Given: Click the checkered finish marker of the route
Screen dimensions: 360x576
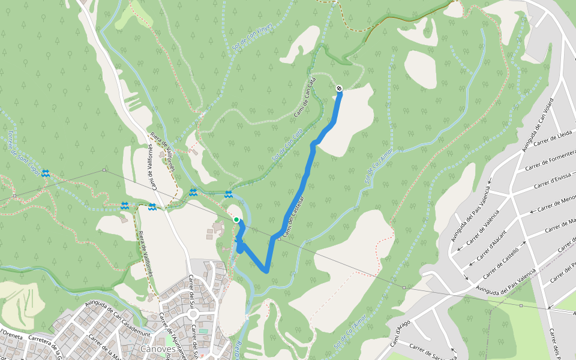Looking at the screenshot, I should coord(340,89).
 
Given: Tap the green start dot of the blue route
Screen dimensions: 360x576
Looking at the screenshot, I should coord(236,220).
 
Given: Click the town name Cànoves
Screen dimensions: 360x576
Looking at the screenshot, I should coord(157,348).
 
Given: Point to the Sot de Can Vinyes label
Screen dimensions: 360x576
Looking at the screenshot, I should coord(252,37).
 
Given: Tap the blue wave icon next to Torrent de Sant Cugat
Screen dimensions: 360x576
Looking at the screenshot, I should coord(46,173).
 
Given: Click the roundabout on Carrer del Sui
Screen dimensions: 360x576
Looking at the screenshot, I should coord(193,314).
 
